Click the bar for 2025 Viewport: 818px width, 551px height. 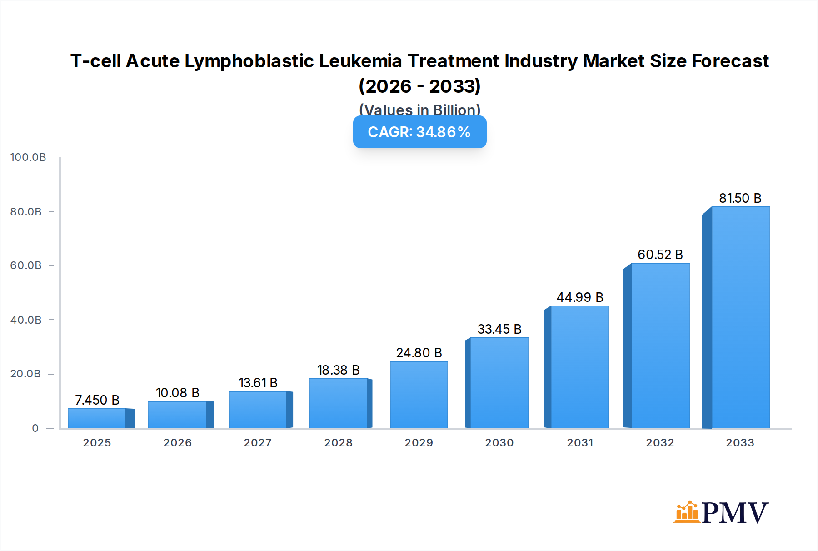pyautogui.click(x=97, y=418)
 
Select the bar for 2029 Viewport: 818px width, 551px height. pyautogui.click(x=419, y=395)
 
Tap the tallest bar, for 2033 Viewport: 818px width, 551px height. pyautogui.click(x=740, y=317)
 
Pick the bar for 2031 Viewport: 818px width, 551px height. pyautogui.click(x=579, y=367)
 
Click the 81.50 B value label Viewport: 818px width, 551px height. pyautogui.click(x=740, y=198)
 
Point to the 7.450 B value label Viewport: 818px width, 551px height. pyautogui.click(x=97, y=400)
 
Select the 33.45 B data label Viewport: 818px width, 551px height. pyautogui.click(x=499, y=329)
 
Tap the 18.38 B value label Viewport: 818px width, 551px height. pyautogui.click(x=339, y=370)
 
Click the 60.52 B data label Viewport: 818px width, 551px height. pyautogui.click(x=660, y=255)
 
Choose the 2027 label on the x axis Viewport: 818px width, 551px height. pyautogui.click(x=258, y=443)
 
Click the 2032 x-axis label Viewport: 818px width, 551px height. pyautogui.click(x=660, y=443)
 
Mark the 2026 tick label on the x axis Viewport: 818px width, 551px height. pyautogui.click(x=177, y=443)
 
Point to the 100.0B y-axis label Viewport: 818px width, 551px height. pyautogui.click(x=28, y=157)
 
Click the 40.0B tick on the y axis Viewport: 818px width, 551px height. pyautogui.click(x=26, y=320)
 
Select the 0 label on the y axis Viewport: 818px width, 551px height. pyautogui.click(x=35, y=428)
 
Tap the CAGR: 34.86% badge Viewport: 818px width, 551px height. pyautogui.click(x=419, y=132)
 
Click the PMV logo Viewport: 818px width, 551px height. pyautogui.click(x=721, y=513)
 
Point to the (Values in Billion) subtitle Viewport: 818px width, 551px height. pyautogui.click(x=419, y=110)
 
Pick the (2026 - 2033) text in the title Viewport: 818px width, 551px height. pyautogui.click(x=419, y=86)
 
